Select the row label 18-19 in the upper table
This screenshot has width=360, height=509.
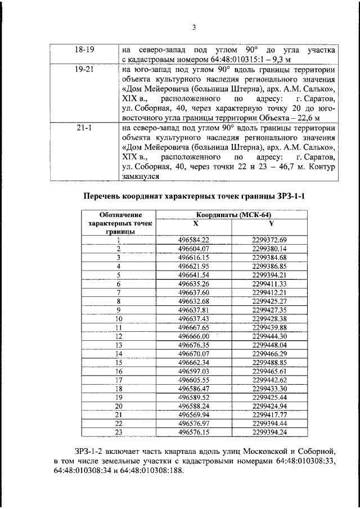point(84,50)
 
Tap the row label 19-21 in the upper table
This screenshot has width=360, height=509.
point(84,71)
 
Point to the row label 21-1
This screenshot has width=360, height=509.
point(84,128)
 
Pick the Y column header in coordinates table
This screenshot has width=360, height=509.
point(270,223)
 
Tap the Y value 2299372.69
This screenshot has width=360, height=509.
point(270,240)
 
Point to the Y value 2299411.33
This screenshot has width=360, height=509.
point(270,283)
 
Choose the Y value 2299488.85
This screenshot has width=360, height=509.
point(270,362)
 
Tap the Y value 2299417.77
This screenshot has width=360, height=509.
point(270,415)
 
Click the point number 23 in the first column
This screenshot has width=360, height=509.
point(119,432)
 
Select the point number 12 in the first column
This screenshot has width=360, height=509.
point(119,336)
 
